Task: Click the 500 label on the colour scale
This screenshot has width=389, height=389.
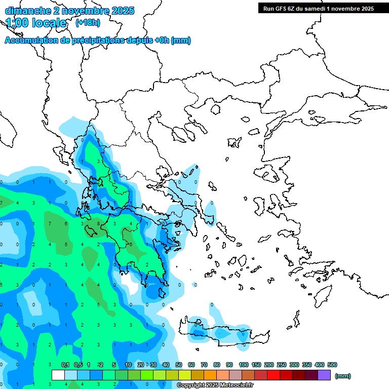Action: coord(332,365)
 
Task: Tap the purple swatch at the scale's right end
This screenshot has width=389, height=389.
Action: coord(325,375)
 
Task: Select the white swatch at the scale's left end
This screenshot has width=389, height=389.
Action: coord(58,375)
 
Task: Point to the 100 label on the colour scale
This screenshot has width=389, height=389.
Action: coord(244,365)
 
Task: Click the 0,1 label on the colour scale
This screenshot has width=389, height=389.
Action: coord(65,365)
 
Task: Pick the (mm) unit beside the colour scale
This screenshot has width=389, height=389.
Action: coord(343,376)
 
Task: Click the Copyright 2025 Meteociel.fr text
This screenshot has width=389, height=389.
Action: coord(215,385)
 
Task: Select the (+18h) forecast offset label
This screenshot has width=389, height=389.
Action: coord(88,23)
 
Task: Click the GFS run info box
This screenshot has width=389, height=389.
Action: coord(316,8)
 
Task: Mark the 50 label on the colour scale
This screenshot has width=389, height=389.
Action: coord(179,365)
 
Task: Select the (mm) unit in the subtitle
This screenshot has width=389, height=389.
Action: coord(181,41)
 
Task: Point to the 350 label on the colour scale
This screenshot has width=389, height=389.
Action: coord(307,365)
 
